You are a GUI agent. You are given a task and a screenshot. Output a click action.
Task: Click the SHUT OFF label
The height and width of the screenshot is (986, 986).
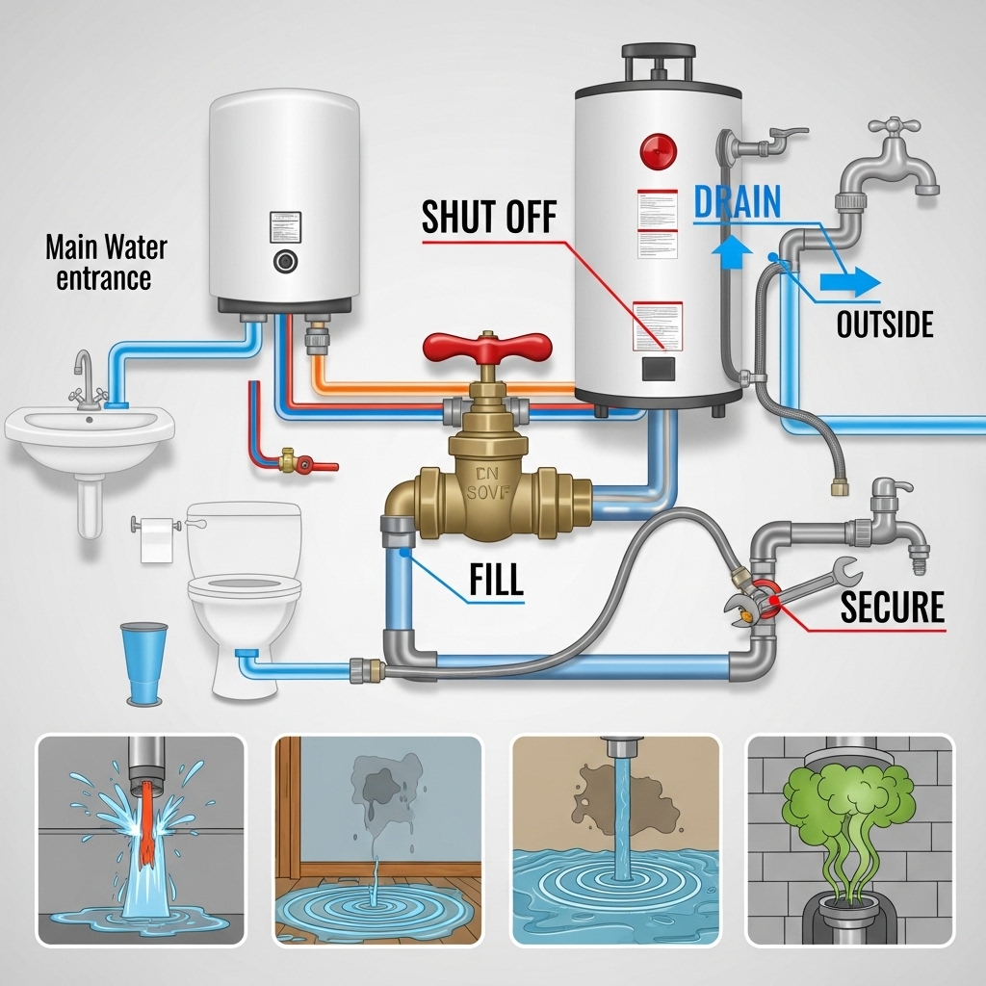(489, 217)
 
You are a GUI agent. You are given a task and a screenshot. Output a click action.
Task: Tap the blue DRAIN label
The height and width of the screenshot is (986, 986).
(737, 202)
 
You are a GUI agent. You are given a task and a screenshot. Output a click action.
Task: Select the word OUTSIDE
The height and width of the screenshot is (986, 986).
(884, 324)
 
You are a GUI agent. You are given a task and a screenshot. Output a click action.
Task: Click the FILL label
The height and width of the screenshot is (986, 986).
(496, 580)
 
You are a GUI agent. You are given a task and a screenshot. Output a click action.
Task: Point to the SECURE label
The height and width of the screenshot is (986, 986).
(892, 607)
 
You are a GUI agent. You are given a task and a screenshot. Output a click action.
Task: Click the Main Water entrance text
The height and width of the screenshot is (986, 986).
(105, 263)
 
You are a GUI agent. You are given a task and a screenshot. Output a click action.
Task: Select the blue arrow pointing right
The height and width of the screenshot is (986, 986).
(851, 282)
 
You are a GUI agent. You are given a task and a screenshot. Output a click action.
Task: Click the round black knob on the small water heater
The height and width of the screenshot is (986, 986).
(283, 261)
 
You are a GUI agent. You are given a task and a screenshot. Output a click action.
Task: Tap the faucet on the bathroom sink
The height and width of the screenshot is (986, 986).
(84, 376)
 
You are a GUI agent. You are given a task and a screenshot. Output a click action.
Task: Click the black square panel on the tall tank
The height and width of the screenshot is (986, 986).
(659, 369)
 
